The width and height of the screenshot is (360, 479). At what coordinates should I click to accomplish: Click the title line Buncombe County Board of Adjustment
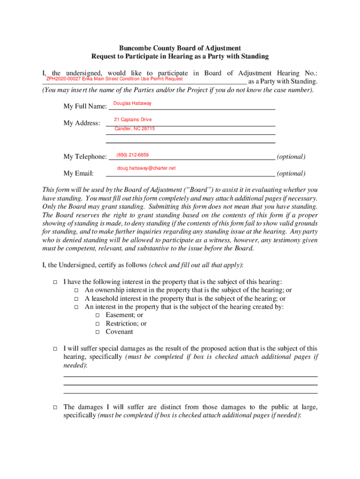click(x=180, y=48)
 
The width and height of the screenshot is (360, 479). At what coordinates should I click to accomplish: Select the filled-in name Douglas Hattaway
click(x=132, y=103)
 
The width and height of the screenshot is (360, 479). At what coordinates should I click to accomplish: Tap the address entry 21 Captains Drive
click(x=133, y=120)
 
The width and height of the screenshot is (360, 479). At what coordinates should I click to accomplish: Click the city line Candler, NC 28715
click(x=135, y=129)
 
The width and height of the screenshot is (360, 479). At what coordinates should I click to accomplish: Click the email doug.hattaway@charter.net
click(x=146, y=168)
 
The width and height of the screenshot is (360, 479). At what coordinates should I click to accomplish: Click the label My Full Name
click(x=84, y=107)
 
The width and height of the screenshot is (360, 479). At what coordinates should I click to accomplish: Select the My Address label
click(x=82, y=123)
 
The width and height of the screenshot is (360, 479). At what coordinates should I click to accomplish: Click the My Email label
click(x=78, y=174)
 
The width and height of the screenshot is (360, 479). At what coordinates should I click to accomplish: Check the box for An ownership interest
click(x=76, y=290)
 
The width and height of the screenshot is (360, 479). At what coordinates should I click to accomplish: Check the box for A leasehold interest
click(x=76, y=299)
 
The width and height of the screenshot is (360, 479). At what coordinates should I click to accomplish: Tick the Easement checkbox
click(x=97, y=316)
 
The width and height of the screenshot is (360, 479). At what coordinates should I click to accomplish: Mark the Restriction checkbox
click(x=97, y=324)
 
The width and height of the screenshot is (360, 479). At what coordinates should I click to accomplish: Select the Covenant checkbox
click(x=97, y=333)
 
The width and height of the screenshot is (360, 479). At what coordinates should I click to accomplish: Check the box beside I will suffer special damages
click(x=54, y=349)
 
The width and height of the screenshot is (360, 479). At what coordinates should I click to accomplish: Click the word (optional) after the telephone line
click(x=291, y=157)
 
